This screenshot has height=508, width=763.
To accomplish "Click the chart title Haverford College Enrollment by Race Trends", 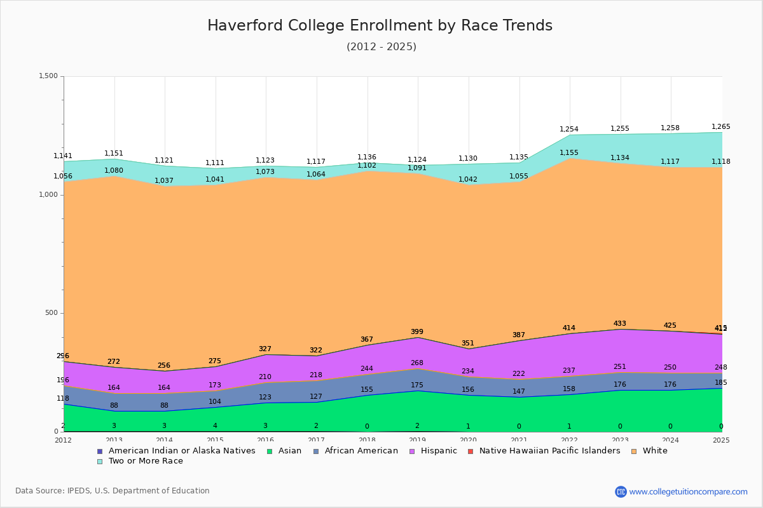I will click(x=380, y=26).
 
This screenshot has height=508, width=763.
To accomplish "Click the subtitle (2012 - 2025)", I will click(x=381, y=47).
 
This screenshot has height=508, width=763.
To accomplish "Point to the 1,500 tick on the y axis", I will click(x=48, y=76).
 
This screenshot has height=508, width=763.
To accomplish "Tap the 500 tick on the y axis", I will click(x=51, y=313).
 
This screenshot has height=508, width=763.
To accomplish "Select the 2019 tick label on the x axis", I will click(x=417, y=440).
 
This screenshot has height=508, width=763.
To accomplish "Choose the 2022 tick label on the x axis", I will click(x=569, y=440).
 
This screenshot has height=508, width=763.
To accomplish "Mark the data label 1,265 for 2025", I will click(x=720, y=127).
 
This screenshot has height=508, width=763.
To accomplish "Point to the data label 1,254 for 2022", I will click(x=569, y=130).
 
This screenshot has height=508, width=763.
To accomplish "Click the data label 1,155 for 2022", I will click(x=569, y=153).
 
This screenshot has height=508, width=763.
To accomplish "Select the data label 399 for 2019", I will click(x=417, y=332).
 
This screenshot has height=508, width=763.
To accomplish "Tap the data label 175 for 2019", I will click(x=417, y=385).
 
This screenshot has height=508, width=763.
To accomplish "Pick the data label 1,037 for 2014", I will click(x=164, y=181).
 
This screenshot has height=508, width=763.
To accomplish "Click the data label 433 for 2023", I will click(x=620, y=324).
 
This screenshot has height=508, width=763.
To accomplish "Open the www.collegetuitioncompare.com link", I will click(x=688, y=491).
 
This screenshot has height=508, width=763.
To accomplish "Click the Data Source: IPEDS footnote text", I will click(x=113, y=491).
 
